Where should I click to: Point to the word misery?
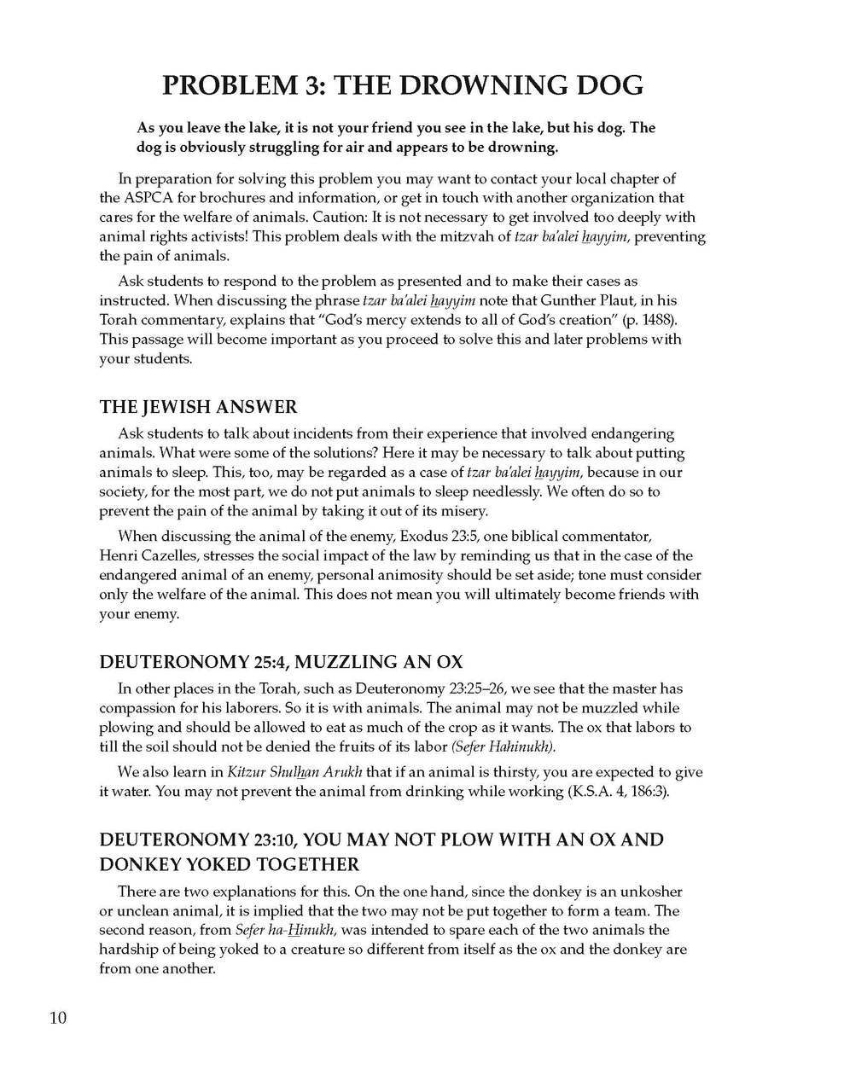pos(463,511)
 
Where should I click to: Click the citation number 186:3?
pos(640,792)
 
